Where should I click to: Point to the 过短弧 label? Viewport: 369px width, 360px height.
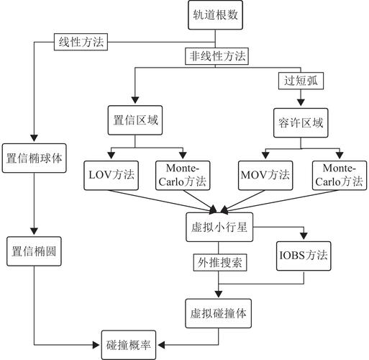coord(299,81)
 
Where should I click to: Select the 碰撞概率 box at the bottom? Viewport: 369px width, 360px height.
coord(129,343)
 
